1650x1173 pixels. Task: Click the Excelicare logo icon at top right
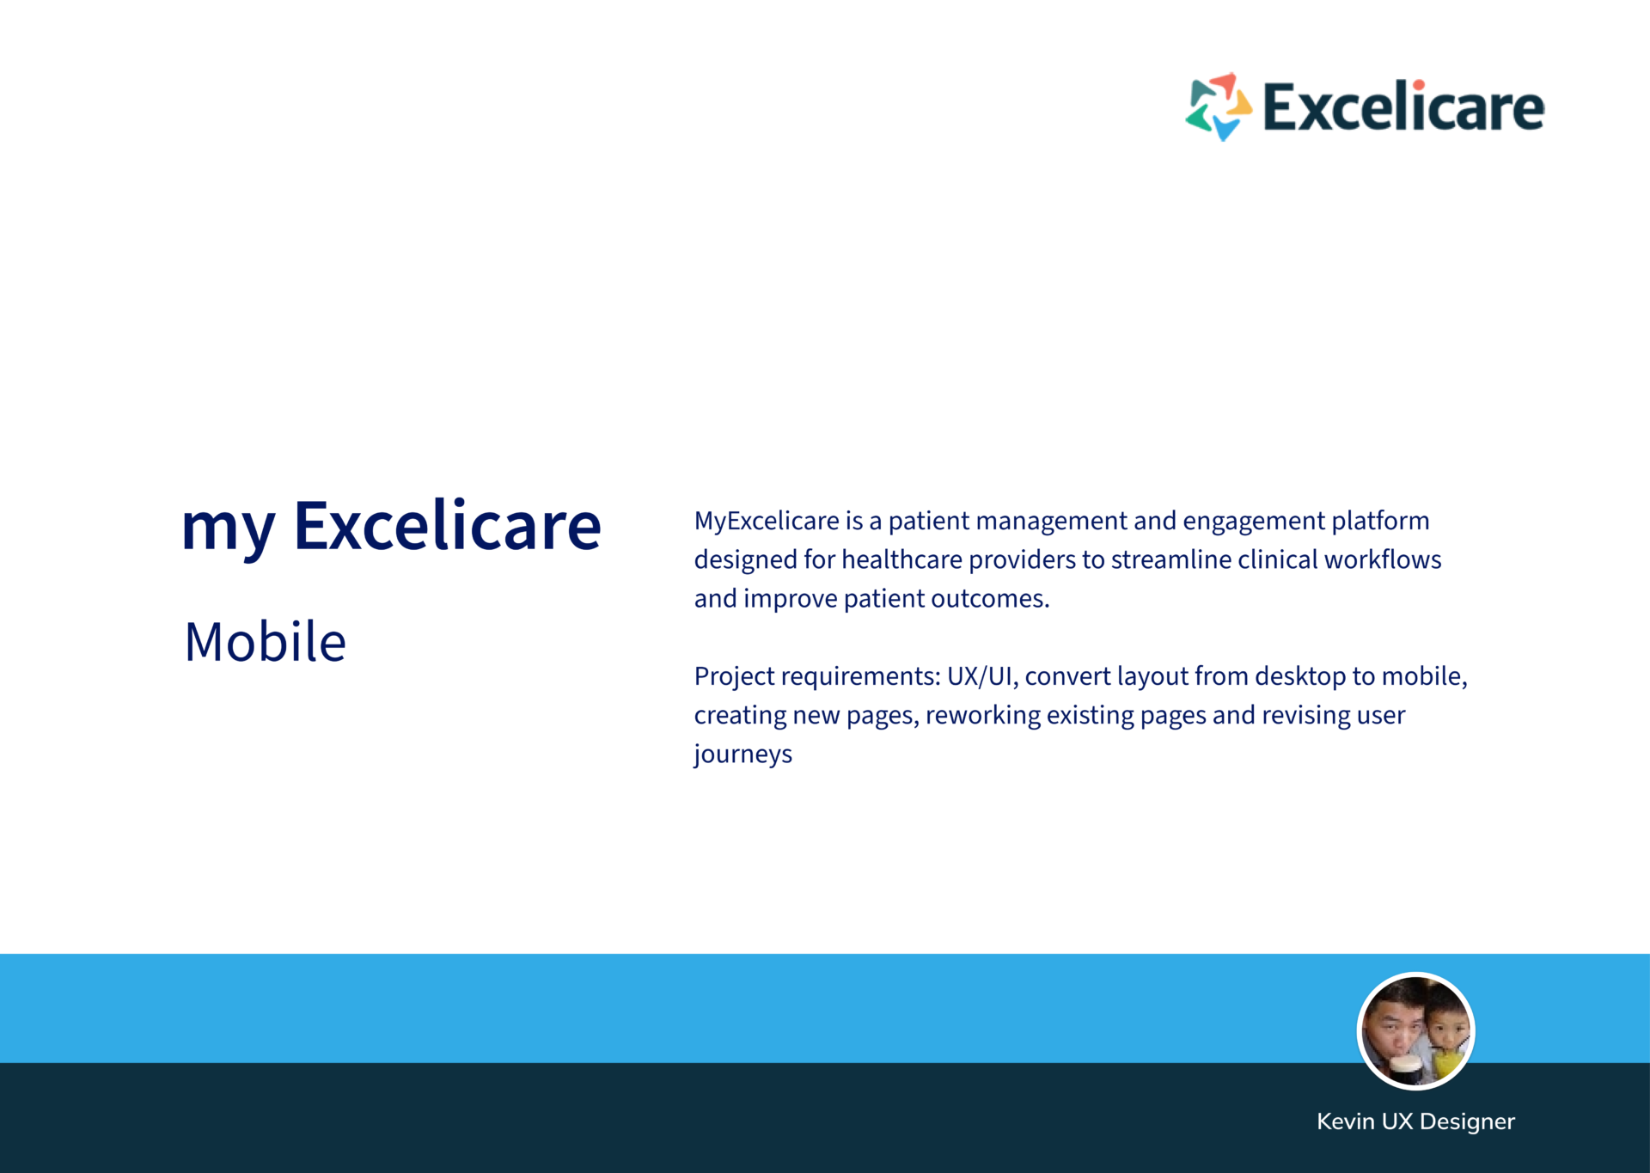pos(1219,107)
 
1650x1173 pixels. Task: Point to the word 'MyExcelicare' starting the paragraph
pos(767,522)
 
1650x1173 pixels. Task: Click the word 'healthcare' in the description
pos(901,559)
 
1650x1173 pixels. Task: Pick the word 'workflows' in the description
pos(1383,559)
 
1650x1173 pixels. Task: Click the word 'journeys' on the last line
pos(743,755)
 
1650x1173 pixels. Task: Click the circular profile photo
pos(1415,1030)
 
